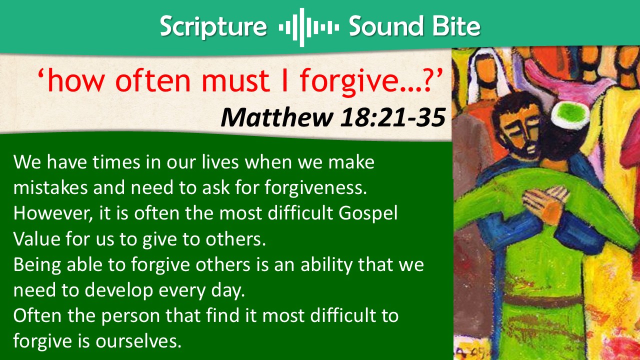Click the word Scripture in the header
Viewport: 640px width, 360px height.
[x=213, y=26]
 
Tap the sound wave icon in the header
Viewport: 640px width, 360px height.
[x=308, y=27]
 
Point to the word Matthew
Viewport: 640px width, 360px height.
[x=277, y=117]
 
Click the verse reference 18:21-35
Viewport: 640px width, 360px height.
[x=393, y=117]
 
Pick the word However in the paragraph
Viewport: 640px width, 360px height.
[x=53, y=213]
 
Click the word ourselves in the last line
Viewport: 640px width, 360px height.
[x=138, y=341]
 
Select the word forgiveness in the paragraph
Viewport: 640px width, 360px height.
[x=315, y=188]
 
